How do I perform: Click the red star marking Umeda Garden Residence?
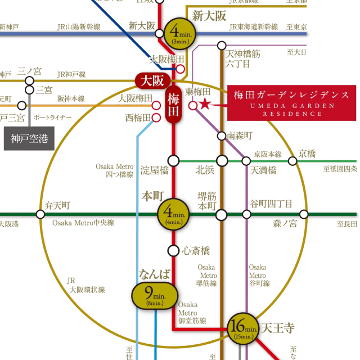(205, 104)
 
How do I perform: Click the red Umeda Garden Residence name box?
(291, 103)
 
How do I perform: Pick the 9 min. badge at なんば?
(155, 295)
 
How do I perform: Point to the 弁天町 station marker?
(40, 214)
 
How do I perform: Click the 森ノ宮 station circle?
(304, 214)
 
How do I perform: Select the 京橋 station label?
(307, 154)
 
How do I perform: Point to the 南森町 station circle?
(222, 136)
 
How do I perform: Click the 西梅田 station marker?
(156, 118)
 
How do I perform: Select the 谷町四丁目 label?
(271, 204)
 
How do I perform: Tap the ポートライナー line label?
(53, 118)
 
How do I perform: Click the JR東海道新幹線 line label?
(254, 27)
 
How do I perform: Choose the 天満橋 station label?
(263, 170)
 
